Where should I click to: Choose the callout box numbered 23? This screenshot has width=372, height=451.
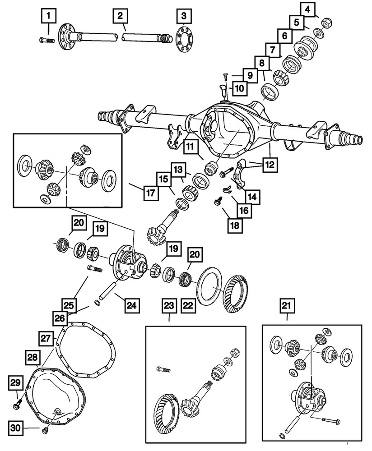pyautogui.click(x=169, y=307)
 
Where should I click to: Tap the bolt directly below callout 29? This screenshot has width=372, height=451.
pyautogui.click(x=19, y=399)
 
